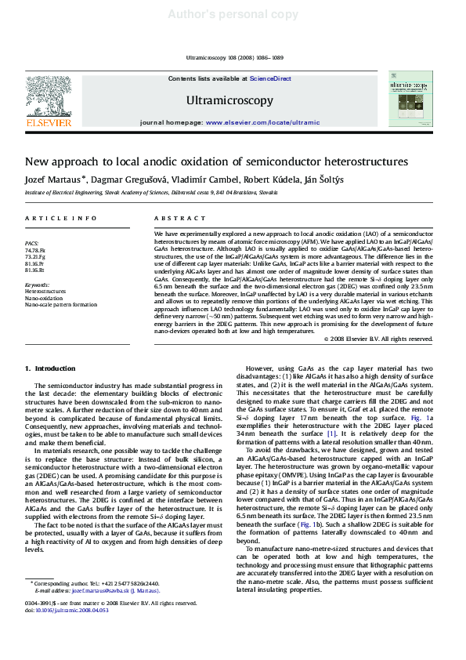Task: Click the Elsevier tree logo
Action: [49, 95]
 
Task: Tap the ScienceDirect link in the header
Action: [270, 79]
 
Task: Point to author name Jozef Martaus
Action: [53, 179]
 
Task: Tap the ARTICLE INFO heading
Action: [62, 219]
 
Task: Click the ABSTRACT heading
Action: [174, 219]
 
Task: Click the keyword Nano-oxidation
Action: [44, 298]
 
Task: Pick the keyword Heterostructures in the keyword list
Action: [46, 291]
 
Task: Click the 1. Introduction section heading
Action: [50, 368]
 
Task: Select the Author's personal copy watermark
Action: [233, 14]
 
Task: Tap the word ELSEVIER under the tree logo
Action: [49, 123]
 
